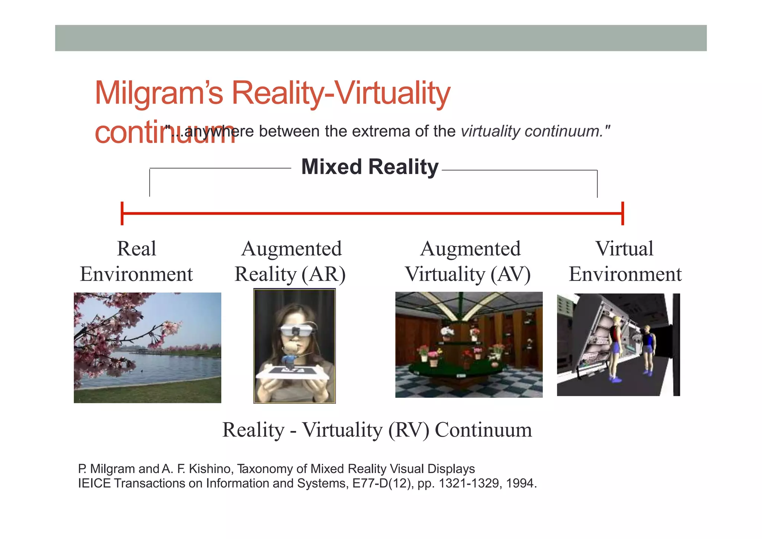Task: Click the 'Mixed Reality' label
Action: pyautogui.click(x=370, y=167)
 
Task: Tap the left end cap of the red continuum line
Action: pyautogui.click(x=122, y=213)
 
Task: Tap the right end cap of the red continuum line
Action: pyautogui.click(x=622, y=213)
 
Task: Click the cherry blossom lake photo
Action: pyautogui.click(x=147, y=348)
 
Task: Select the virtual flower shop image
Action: pyautogui.click(x=469, y=345)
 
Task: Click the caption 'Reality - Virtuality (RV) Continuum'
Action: pyautogui.click(x=377, y=430)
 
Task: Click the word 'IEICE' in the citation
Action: pyautogui.click(x=94, y=483)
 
